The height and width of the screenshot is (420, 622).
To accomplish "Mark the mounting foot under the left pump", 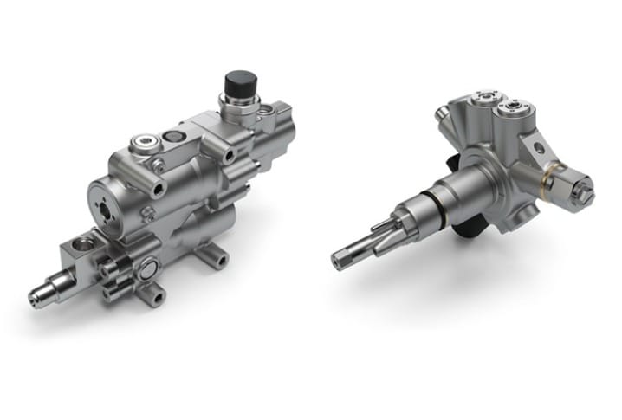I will (213, 255).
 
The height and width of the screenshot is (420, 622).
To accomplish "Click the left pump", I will (165, 199).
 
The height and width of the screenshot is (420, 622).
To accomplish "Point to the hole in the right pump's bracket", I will (539, 148).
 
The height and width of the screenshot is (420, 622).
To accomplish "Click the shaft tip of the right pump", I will (342, 259).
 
